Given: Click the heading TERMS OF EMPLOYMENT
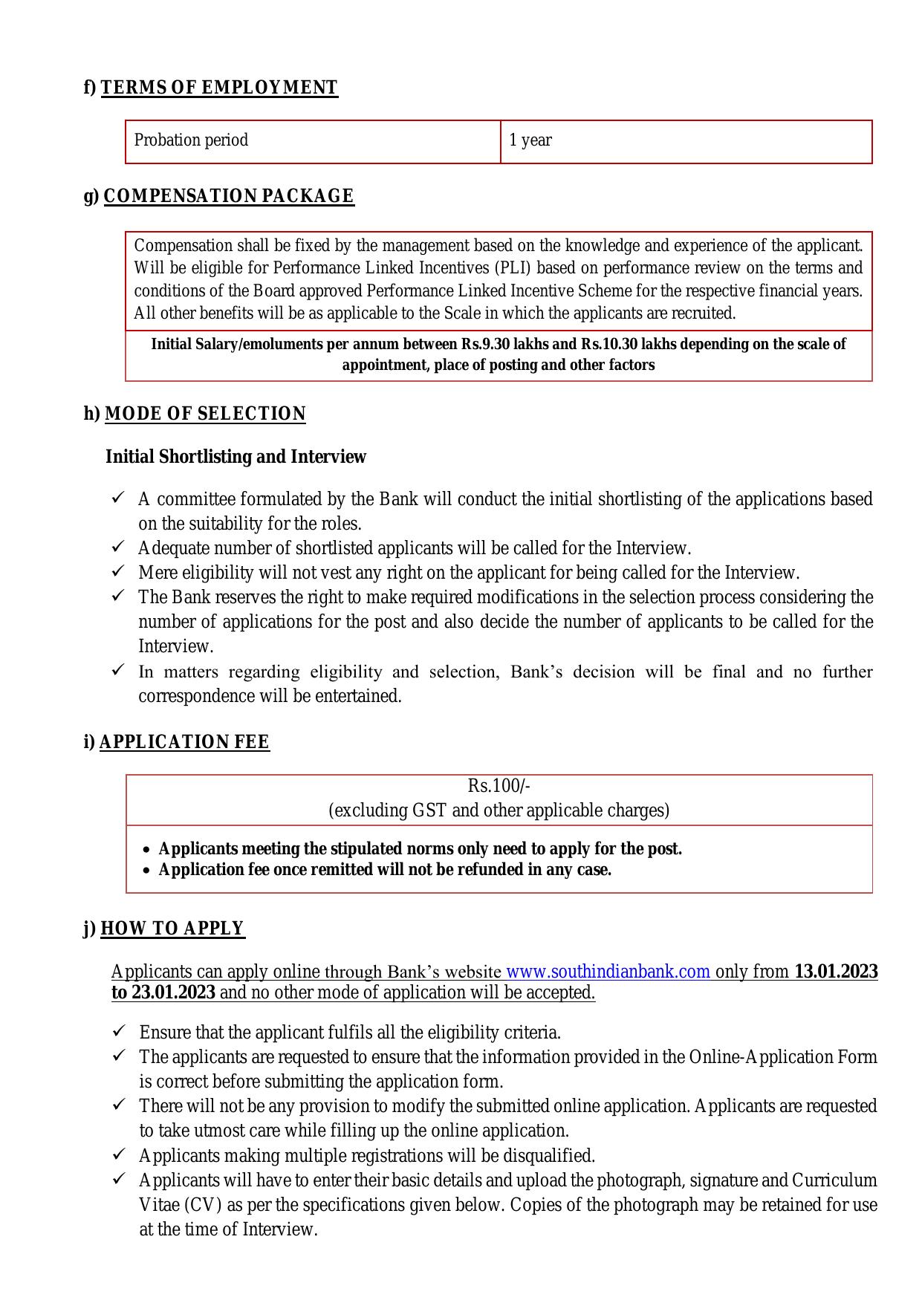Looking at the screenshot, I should point(218,88).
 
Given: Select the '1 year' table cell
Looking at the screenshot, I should point(530,140).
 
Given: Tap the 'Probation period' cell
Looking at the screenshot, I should point(191,140).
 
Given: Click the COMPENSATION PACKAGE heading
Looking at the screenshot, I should point(228,196).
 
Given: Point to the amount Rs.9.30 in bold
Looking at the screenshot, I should point(485,345).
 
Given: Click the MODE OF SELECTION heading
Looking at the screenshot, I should point(205,414).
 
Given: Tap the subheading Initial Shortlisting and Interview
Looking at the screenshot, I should point(236,457).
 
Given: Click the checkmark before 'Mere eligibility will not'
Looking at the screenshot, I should point(118,572).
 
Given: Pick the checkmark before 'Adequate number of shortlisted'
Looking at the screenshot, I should point(118,547).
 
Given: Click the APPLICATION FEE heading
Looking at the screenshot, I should point(184,742).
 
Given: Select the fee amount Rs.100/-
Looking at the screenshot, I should point(499,786).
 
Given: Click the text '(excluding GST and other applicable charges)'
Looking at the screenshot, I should point(499,810).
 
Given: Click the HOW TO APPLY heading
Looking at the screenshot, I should point(172,929).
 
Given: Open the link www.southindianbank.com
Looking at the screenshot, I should point(608,972).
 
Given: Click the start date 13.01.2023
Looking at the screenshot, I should point(836,972).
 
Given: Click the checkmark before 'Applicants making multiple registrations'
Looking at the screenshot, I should point(119,1155).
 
